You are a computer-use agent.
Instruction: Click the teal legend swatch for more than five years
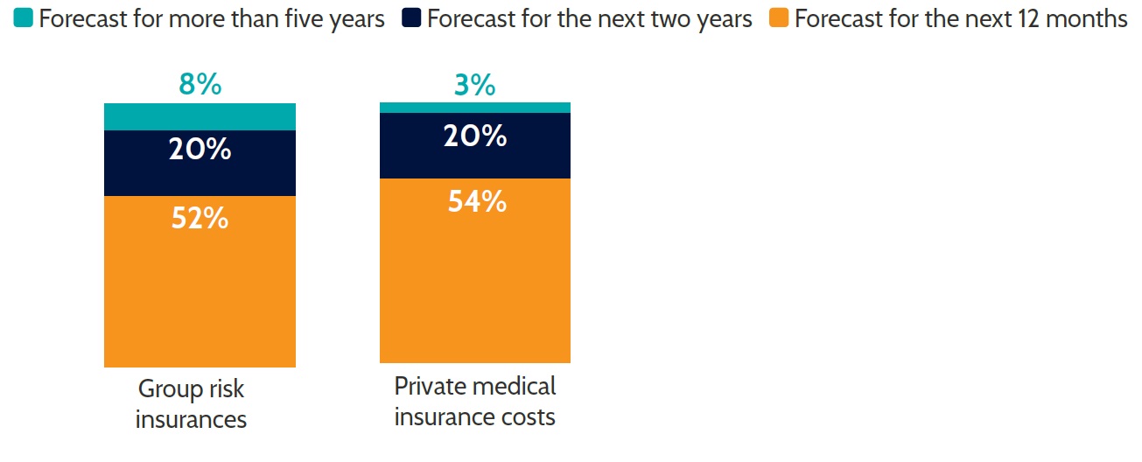24,19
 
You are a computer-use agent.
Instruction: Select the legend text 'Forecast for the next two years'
589,19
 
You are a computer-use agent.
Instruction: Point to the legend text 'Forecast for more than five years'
212,19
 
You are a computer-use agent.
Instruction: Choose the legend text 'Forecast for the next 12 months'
960,19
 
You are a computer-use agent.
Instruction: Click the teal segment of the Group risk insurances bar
200,116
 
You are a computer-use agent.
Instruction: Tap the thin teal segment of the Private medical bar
475,107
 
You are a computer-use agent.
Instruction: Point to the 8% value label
200,85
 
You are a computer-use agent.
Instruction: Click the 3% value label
475,85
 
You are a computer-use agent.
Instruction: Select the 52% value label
200,217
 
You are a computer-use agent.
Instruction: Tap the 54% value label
476,201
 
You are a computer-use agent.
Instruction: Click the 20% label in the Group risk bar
200,149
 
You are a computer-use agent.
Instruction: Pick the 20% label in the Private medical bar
475,136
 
